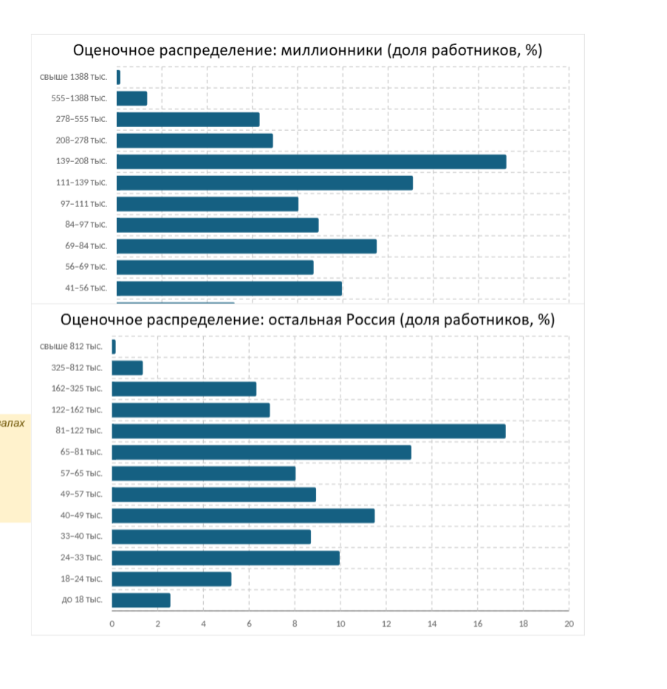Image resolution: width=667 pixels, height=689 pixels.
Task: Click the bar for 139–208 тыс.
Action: (x=311, y=162)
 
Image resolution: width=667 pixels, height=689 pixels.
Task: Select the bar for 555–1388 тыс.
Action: (x=131, y=98)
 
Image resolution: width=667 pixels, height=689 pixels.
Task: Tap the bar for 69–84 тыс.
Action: (x=247, y=246)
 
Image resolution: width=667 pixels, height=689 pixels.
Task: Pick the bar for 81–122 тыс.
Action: (x=309, y=431)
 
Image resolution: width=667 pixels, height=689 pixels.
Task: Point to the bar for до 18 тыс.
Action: (x=141, y=600)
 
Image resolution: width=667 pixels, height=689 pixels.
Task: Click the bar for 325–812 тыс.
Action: (x=127, y=368)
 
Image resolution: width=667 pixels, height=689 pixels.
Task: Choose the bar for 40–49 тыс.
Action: (x=243, y=516)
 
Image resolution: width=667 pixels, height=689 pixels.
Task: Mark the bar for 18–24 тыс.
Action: (x=171, y=579)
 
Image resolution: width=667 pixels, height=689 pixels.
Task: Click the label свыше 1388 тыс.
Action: (x=73, y=77)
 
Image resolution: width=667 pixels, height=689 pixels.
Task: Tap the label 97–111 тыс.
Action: (x=84, y=204)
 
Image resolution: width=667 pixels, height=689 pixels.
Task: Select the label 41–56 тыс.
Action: (x=86, y=288)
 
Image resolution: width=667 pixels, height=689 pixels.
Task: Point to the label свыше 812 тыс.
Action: (x=71, y=346)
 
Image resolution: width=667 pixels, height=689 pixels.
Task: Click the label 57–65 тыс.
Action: (x=81, y=473)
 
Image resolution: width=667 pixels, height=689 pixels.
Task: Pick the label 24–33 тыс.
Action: (x=81, y=557)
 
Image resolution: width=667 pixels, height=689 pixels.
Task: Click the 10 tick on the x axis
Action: (x=341, y=624)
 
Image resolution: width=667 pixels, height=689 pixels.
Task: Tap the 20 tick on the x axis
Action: (x=569, y=624)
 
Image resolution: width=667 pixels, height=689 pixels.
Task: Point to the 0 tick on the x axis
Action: (x=112, y=624)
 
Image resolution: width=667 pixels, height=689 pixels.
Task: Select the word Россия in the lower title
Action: (x=371, y=320)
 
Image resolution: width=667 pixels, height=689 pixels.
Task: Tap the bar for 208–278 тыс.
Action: (x=195, y=140)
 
